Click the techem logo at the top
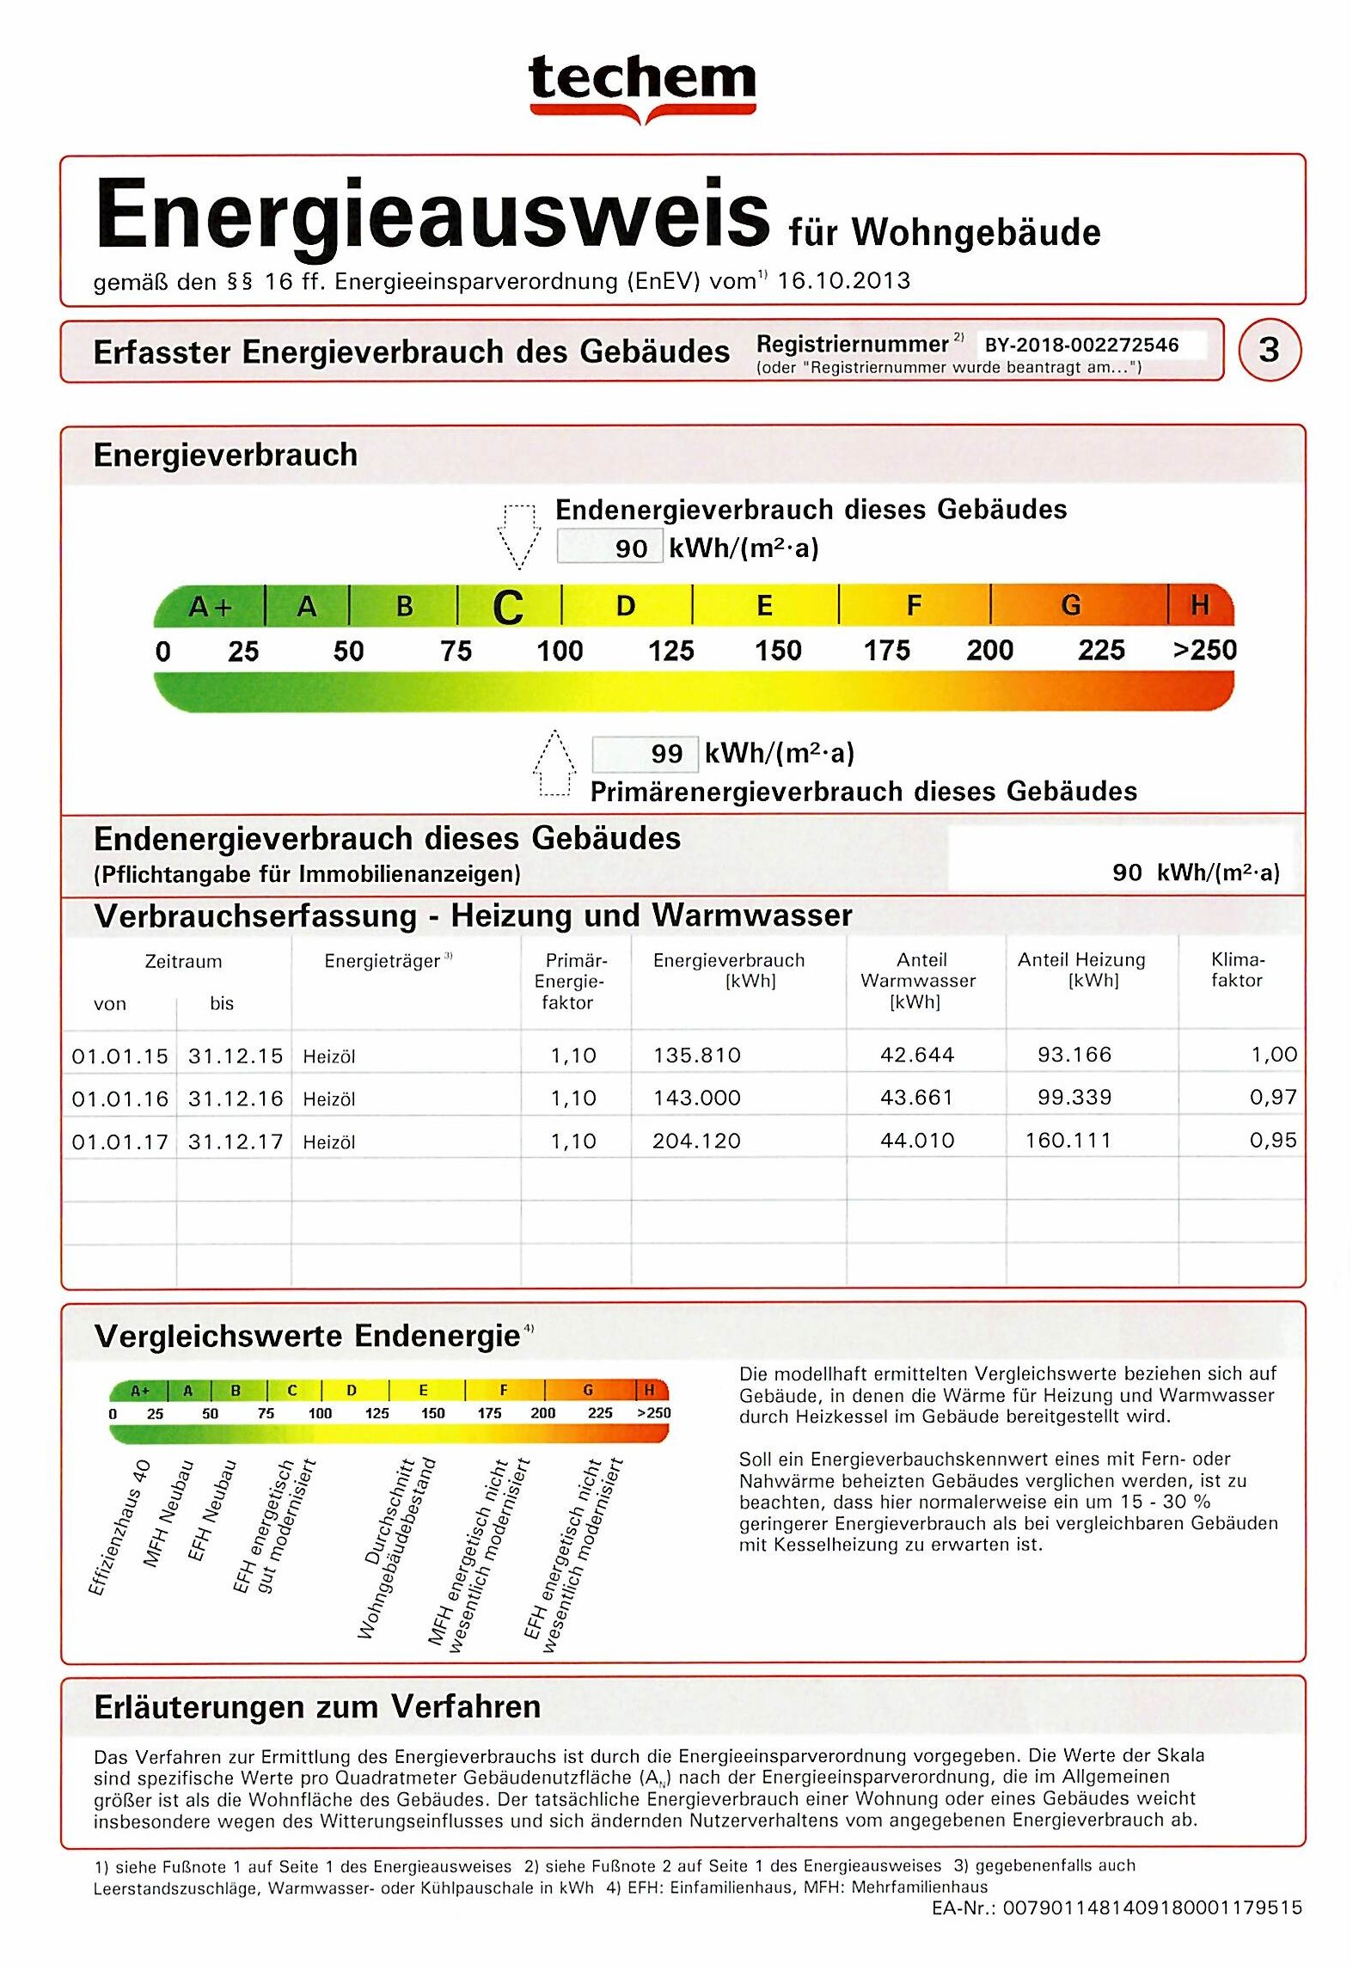click(x=642, y=86)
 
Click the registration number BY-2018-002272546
click(x=1081, y=346)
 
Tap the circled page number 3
click(x=1269, y=351)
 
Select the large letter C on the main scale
click(x=508, y=608)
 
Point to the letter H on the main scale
click(x=1200, y=605)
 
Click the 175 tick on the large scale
click(x=886, y=651)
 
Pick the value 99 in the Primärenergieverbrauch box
click(x=666, y=755)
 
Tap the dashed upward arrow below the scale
click(x=554, y=762)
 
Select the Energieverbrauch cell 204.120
click(x=696, y=1141)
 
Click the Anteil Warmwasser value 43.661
click(x=916, y=1098)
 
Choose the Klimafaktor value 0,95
click(x=1273, y=1141)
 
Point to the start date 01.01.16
click(x=119, y=1099)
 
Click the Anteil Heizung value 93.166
click(x=1074, y=1055)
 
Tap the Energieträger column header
click(x=383, y=962)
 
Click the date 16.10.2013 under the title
click(x=843, y=281)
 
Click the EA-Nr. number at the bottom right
click(x=1152, y=1908)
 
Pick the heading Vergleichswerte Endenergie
click(x=308, y=1337)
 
